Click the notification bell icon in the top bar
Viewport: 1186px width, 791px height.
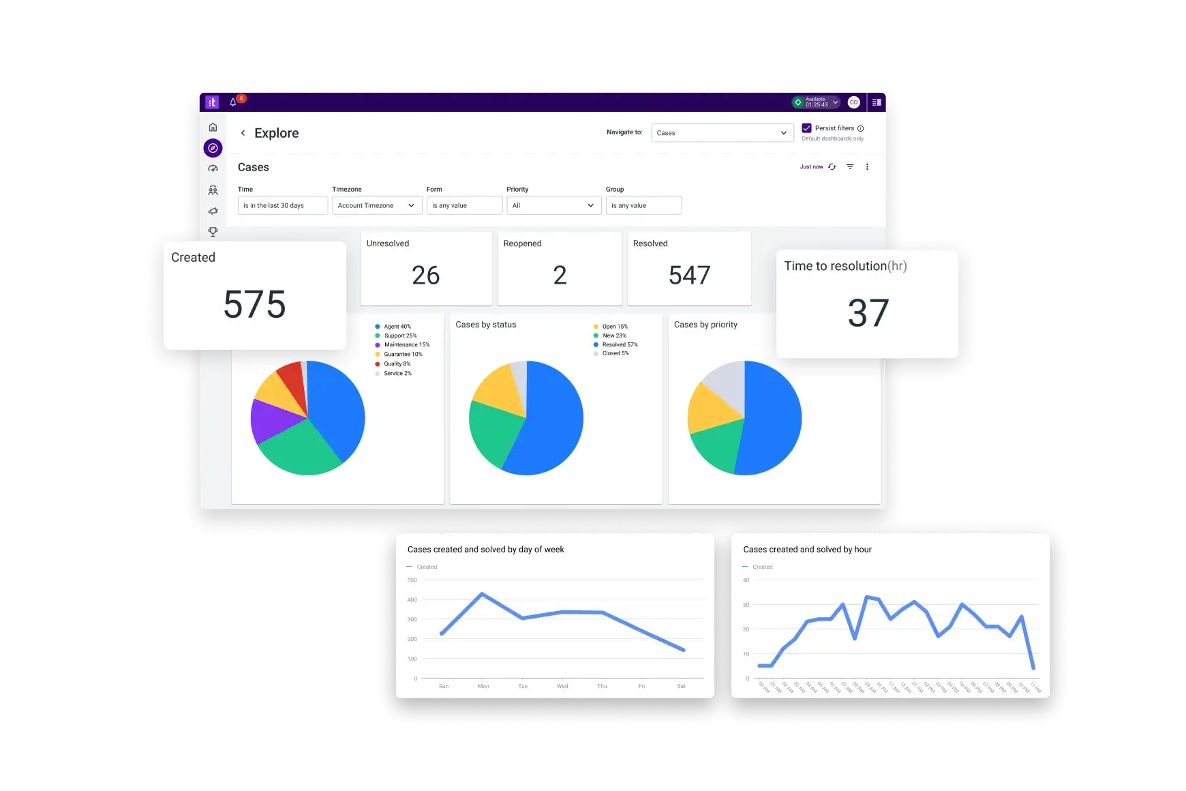233,102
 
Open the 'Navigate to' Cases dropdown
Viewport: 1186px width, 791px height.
723,133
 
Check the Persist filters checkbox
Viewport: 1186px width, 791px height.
806,128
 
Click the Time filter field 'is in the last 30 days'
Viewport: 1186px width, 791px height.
282,205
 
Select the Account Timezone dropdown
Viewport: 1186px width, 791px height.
377,205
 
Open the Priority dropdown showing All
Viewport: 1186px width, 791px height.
553,205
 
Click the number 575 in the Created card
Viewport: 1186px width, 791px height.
254,304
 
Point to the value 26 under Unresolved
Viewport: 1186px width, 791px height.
426,275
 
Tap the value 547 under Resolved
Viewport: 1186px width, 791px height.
689,275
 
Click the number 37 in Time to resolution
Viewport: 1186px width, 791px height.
868,313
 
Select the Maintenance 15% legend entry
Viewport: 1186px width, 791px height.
406,345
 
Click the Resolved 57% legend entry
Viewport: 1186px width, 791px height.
620,344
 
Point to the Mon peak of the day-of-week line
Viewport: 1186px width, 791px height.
483,594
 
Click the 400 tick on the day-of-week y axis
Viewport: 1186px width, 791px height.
412,600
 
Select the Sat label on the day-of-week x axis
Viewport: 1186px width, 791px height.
681,686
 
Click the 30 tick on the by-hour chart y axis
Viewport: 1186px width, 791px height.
746,605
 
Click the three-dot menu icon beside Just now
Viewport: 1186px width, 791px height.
867,167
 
